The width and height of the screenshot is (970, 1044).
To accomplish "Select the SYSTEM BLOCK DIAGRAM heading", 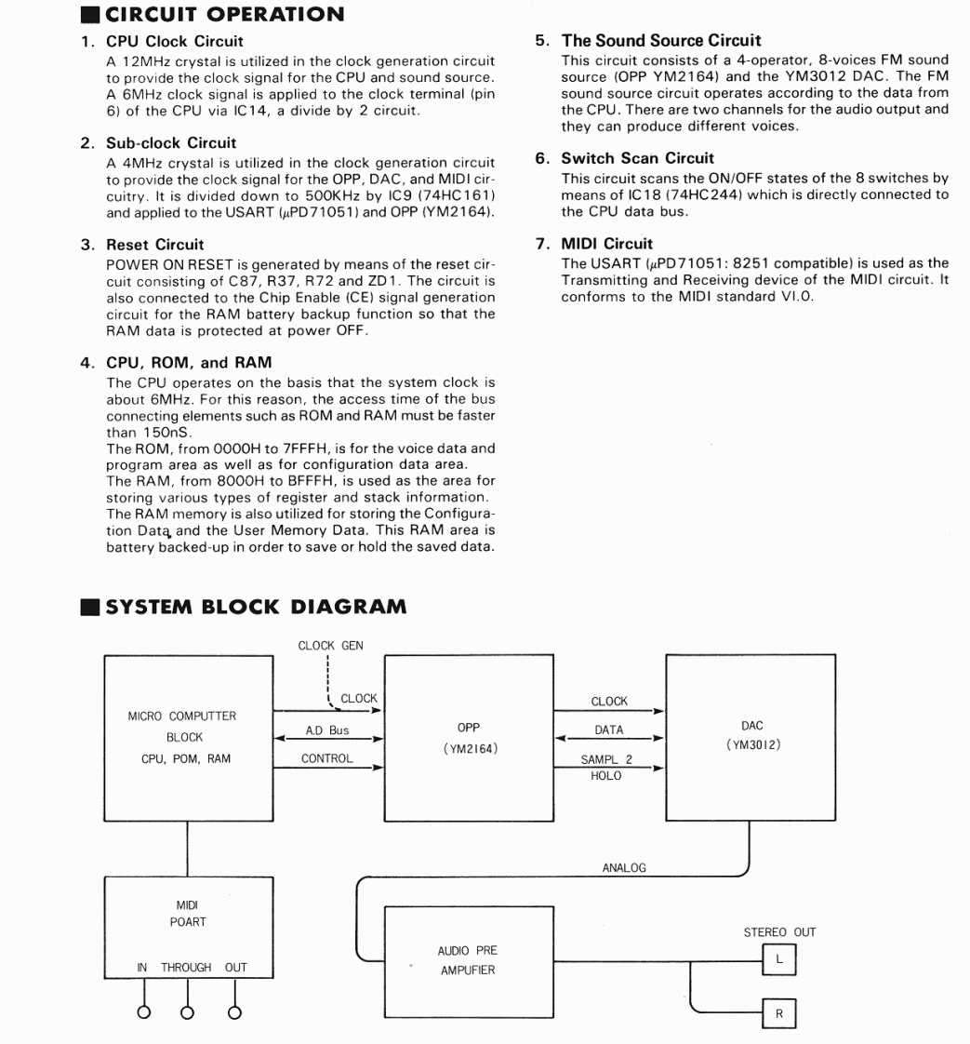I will point(256,608).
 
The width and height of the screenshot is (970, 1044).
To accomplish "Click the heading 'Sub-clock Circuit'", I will point(171,142).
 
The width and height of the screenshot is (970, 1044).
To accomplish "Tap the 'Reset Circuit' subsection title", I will point(154,244).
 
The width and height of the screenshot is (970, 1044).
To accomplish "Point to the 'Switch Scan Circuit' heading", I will point(637,158).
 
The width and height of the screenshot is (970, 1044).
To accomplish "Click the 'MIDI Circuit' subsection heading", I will point(606,244).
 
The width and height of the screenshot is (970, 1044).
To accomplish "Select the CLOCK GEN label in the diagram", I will point(330,645).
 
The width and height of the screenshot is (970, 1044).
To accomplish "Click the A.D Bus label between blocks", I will point(327,730).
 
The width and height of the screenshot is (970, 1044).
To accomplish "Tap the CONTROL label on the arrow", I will point(327,758).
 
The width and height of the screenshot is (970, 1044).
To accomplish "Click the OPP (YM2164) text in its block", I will point(470,738).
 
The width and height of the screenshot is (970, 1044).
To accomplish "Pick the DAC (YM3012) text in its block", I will point(751,735).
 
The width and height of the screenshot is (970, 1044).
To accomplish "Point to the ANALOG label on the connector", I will point(624,867).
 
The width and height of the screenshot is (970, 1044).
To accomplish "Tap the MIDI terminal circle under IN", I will point(144,1012).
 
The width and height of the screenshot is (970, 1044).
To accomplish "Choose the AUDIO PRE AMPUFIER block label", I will point(467,960).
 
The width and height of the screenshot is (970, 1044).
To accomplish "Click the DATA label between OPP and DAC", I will point(609,730).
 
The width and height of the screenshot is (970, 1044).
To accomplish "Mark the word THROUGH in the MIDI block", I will point(186,968).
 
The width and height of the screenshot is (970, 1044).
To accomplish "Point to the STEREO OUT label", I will point(779,932).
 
